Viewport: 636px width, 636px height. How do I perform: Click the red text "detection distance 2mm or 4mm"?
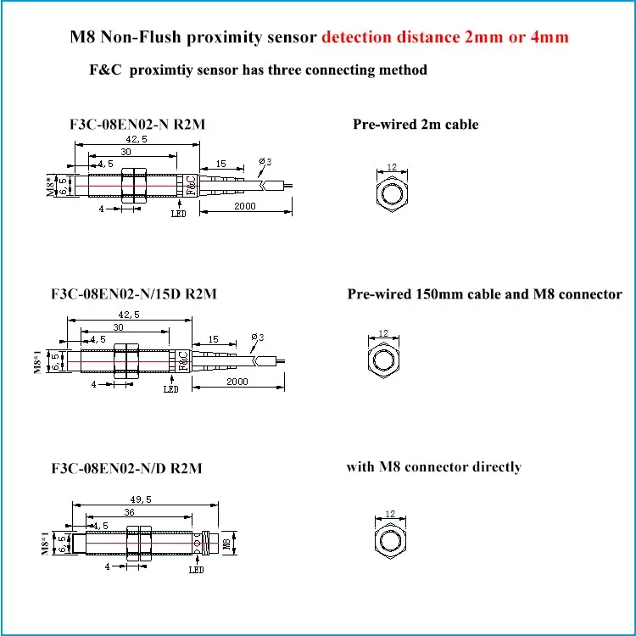[x=445, y=37]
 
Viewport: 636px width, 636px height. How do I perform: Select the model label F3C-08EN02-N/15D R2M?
[x=134, y=293]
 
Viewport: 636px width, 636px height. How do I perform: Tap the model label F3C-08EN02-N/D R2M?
[x=126, y=468]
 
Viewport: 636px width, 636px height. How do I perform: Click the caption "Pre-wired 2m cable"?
[x=416, y=124]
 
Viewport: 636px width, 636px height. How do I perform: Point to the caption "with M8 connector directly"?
[x=433, y=467]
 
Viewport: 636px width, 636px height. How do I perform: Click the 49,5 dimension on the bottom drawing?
[x=141, y=499]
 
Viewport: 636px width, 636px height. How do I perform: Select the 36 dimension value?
[x=129, y=512]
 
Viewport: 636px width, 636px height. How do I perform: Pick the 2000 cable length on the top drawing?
[x=245, y=206]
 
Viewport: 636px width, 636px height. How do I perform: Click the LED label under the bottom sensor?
[x=197, y=570]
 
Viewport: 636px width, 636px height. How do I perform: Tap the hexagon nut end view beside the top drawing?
[x=392, y=194]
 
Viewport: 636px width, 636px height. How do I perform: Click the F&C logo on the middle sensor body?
[x=184, y=360]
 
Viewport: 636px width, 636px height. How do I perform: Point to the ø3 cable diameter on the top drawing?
[x=265, y=162]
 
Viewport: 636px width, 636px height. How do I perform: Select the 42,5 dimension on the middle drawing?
[x=129, y=315]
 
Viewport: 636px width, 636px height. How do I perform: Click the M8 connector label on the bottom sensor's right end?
[x=226, y=544]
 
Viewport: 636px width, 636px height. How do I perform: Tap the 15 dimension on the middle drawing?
[x=214, y=339]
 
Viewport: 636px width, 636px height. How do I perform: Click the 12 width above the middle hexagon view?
[x=383, y=333]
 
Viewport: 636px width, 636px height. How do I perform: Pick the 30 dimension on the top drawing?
[x=126, y=152]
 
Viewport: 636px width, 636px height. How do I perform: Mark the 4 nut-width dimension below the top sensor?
[x=102, y=209]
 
